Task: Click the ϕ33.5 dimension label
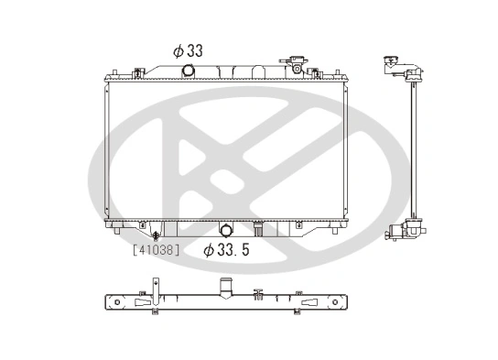point(228,249)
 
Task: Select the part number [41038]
point(155,248)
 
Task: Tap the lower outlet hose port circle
point(227,232)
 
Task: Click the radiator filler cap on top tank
point(298,64)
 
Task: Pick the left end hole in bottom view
point(113,302)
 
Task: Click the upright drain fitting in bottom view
point(260,296)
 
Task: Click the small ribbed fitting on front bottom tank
point(260,225)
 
